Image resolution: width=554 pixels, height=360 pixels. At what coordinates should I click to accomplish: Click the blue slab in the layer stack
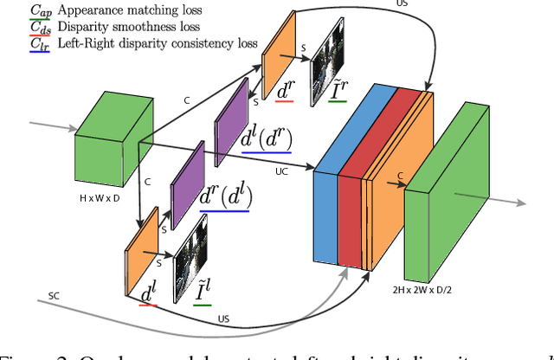[x=325, y=190]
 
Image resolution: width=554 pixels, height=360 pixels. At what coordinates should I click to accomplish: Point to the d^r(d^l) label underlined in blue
[x=226, y=197]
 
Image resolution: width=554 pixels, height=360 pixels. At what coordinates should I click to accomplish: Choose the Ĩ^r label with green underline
[x=340, y=85]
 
